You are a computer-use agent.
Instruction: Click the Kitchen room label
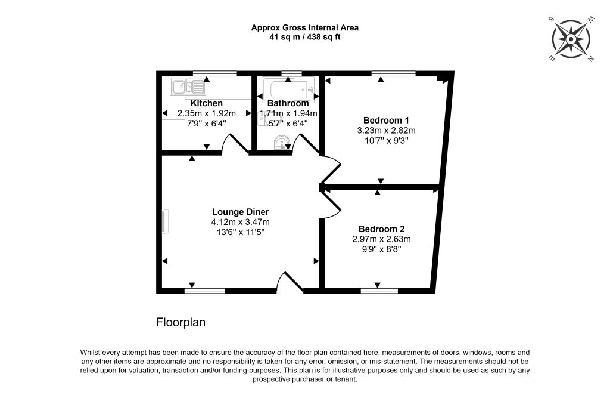click(x=207, y=103)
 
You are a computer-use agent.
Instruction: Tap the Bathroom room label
click(x=288, y=103)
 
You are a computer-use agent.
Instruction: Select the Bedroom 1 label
click(x=386, y=120)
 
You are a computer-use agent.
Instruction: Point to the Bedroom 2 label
click(x=382, y=229)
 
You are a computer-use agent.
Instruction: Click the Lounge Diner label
click(x=241, y=212)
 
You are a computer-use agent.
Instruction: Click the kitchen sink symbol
click(x=188, y=87)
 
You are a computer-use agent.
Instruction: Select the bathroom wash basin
click(x=281, y=143)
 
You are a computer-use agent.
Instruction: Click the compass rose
click(x=571, y=39)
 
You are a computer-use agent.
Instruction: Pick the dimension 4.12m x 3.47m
click(x=241, y=222)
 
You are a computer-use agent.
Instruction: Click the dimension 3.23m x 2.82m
click(x=386, y=131)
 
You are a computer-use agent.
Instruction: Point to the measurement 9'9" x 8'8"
click(x=382, y=249)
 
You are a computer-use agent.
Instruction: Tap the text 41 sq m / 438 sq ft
click(x=305, y=38)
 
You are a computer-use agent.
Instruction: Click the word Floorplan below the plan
click(x=181, y=323)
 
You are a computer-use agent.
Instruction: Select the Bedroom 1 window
click(x=393, y=73)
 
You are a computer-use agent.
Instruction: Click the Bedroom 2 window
click(x=379, y=291)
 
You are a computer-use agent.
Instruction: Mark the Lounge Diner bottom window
click(x=205, y=291)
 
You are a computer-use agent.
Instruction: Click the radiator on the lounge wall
click(x=165, y=221)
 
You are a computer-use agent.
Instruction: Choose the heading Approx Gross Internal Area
click(x=305, y=27)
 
